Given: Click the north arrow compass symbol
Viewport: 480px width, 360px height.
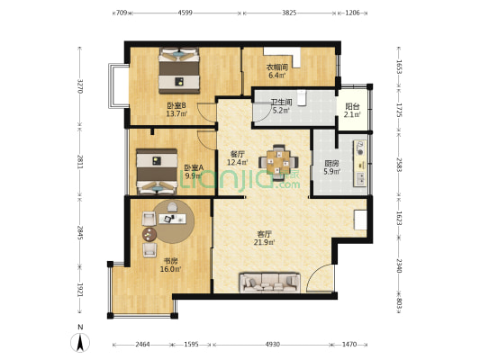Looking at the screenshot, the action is (x=80, y=342).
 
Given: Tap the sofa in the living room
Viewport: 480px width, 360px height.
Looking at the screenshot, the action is (x=269, y=283).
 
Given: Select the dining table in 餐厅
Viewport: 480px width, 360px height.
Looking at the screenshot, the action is (x=278, y=162).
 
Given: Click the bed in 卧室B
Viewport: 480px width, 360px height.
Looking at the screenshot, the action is (x=179, y=70).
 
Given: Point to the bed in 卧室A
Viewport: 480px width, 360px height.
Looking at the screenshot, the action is (x=157, y=172).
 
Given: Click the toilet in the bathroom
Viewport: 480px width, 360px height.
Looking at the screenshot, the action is (x=302, y=98).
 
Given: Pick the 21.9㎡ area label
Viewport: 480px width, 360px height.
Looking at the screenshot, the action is (x=264, y=242).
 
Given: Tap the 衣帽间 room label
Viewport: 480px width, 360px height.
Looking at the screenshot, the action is (x=277, y=67).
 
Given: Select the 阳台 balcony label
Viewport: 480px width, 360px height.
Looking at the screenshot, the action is (x=352, y=106).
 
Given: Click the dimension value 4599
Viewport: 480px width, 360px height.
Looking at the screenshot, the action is (x=185, y=13).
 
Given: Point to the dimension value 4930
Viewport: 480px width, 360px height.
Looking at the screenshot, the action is (x=272, y=345).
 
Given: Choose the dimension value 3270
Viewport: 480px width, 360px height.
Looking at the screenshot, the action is (x=80, y=86).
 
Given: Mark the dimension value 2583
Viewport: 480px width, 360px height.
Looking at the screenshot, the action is (x=399, y=165).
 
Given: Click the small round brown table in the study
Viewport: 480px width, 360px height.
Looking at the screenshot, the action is (x=149, y=235).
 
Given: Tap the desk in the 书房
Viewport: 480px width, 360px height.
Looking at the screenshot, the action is (x=172, y=219).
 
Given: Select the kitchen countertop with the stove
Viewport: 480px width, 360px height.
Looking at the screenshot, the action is (x=360, y=163).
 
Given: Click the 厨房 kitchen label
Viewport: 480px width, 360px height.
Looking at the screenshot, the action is (x=332, y=163).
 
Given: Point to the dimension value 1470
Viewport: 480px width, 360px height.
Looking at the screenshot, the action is (x=349, y=345).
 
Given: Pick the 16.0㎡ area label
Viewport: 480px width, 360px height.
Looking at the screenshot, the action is (x=170, y=269).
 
